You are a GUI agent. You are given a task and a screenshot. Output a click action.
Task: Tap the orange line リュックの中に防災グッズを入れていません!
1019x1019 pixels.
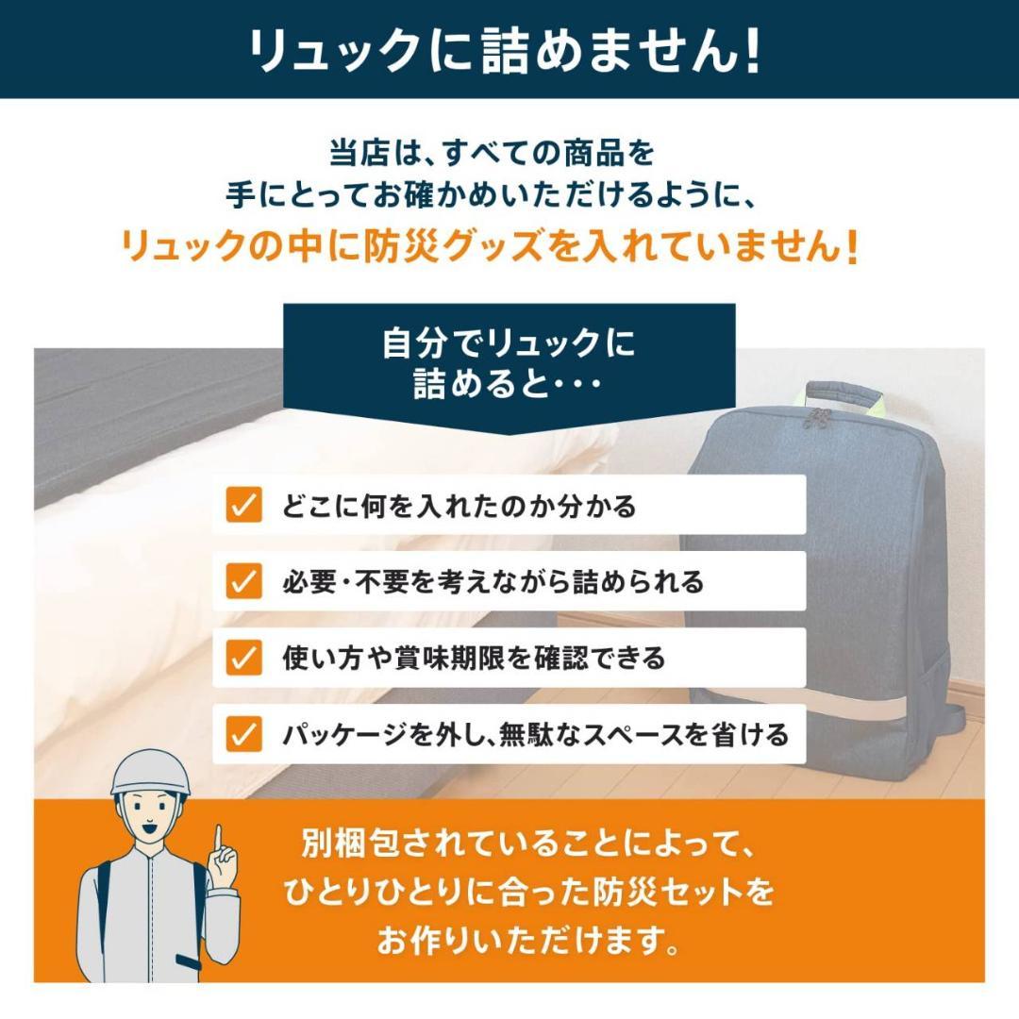(x=491, y=247)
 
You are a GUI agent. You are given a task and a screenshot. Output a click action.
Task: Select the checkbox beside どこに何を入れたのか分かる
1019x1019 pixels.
(x=243, y=506)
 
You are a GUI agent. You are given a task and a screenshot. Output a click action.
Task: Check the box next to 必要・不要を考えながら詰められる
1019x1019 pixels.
(x=243, y=582)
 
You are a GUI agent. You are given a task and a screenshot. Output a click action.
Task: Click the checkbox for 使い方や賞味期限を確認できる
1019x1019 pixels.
(x=243, y=658)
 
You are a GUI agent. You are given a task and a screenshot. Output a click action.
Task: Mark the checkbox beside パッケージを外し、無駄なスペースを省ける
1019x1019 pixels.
(x=243, y=733)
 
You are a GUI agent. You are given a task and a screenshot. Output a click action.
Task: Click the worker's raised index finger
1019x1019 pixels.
(x=218, y=840)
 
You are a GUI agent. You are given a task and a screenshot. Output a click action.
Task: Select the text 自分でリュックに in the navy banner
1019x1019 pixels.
(x=509, y=343)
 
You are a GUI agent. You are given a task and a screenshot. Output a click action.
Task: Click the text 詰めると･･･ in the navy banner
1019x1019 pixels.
(x=509, y=386)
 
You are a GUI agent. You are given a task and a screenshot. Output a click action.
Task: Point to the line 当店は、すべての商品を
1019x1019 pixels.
(x=491, y=151)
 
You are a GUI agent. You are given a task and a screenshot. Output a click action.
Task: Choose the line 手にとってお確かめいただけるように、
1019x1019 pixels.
(x=491, y=196)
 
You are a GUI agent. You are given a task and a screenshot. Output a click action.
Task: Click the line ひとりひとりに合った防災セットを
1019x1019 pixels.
(x=528, y=891)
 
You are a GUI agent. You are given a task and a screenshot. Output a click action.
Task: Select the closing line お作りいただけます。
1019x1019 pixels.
(x=528, y=942)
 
